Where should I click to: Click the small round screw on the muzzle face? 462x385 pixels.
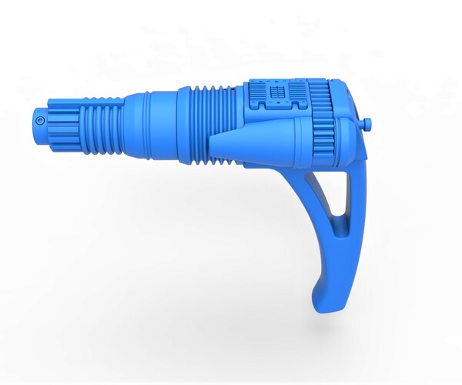[x=38, y=121]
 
